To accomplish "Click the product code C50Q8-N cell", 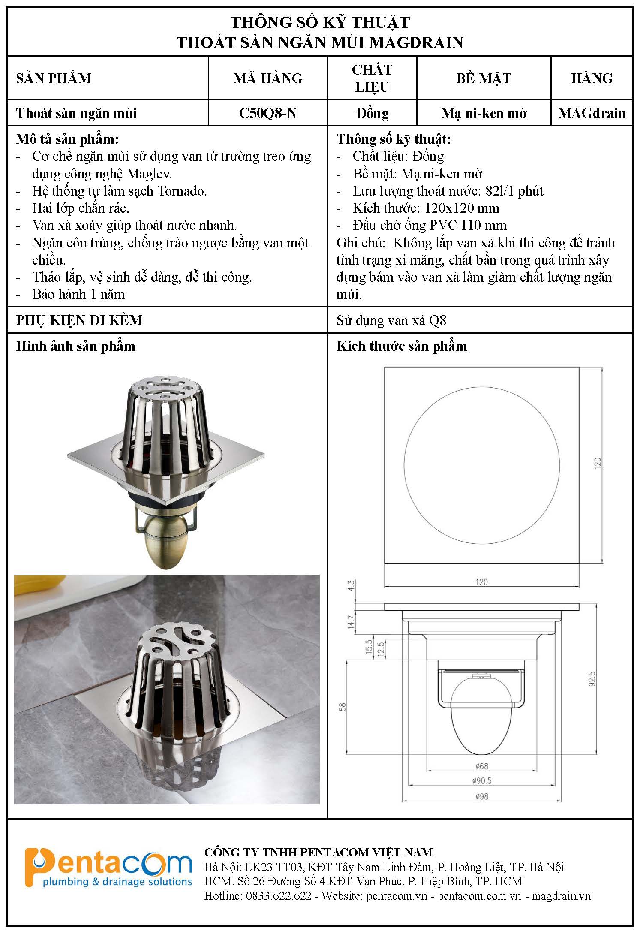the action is (x=268, y=113).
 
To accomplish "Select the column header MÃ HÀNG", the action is (x=268, y=78).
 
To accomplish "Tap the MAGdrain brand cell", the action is (x=592, y=113).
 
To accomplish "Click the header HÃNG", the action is (x=592, y=78).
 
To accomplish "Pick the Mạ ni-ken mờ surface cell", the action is (x=484, y=113).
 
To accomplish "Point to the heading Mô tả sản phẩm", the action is (x=67, y=139).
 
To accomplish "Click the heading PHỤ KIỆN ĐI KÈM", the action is (x=79, y=320).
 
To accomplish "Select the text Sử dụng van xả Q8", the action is (x=391, y=320).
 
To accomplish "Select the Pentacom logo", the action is (x=108, y=868).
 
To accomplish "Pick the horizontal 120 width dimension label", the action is (x=481, y=582).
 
